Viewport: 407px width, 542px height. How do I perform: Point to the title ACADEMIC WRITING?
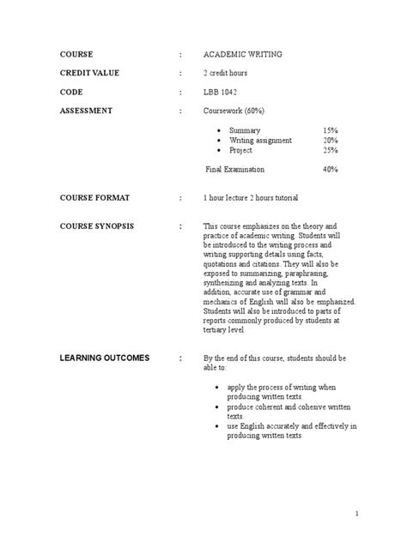(242, 54)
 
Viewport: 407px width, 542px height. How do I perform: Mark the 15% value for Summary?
(331, 130)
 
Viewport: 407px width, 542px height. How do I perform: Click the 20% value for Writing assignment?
(331, 140)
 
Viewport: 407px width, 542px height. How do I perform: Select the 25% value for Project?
(331, 149)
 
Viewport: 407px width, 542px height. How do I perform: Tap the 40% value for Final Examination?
(331, 169)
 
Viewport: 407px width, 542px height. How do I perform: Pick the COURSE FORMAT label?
(94, 198)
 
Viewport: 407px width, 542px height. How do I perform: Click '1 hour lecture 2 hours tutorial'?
(251, 198)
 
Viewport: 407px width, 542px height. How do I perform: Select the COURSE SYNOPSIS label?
(98, 226)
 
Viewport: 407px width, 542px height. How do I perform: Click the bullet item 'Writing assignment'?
(259, 140)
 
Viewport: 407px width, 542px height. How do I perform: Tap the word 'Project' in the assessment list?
(240, 149)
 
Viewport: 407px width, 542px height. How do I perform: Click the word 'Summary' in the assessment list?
(244, 130)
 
